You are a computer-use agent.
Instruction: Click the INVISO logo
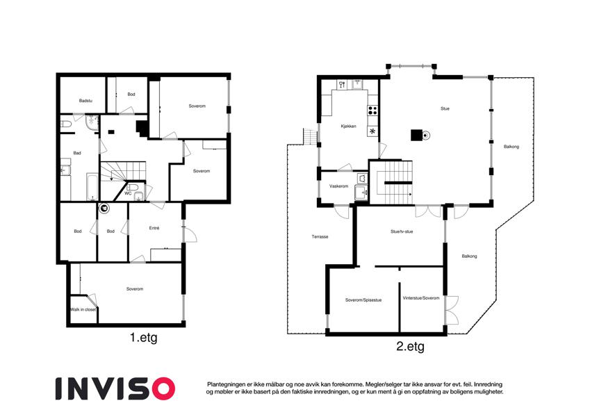click(115, 389)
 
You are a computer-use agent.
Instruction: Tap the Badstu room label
click(85, 101)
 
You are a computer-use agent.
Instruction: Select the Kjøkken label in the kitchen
click(348, 126)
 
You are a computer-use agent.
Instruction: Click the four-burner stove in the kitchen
click(372, 111)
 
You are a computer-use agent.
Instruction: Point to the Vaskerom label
click(338, 186)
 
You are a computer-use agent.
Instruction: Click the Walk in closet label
click(83, 309)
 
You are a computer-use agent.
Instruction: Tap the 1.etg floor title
click(144, 338)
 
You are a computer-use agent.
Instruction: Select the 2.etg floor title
click(410, 346)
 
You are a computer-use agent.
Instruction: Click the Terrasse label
click(320, 237)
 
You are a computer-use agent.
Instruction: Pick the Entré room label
click(154, 228)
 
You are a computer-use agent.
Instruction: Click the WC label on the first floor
click(128, 193)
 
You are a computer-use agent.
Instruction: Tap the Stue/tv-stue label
click(402, 231)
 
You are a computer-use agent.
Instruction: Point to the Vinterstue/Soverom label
click(421, 298)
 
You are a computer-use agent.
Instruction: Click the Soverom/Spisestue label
click(363, 300)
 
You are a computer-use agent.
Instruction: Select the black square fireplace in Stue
click(416, 135)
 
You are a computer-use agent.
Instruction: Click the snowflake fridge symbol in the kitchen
click(372, 131)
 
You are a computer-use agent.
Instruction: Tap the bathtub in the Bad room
click(92, 186)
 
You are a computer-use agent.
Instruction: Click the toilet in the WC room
click(133, 187)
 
